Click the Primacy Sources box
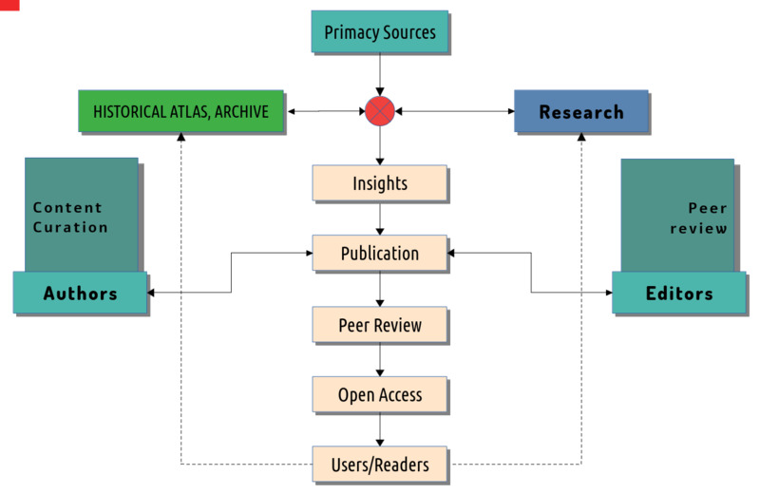pyautogui.click(x=379, y=31)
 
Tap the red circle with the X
pyautogui.click(x=379, y=111)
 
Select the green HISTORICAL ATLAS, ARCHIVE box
pyautogui.click(x=180, y=111)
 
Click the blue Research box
pyautogui.click(x=581, y=111)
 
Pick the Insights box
pyautogui.click(x=379, y=182)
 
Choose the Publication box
pyautogui.click(x=379, y=253)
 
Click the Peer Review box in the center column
pyautogui.click(x=379, y=324)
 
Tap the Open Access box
pyautogui.click(x=379, y=394)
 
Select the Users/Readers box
pyautogui.click(x=379, y=464)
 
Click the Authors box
pyautogui.click(x=80, y=293)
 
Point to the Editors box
pyautogui.click(x=679, y=293)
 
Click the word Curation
pyautogui.click(x=70, y=227)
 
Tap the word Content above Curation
pyautogui.click(x=67, y=207)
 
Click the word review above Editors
pyautogui.click(x=698, y=228)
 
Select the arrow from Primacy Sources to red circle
pyautogui.click(x=379, y=74)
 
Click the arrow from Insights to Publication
pyautogui.click(x=379, y=218)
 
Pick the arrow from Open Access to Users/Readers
pyautogui.click(x=379, y=429)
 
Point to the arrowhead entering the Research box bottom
pyautogui.click(x=581, y=136)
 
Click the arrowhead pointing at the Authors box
pyautogui.click(x=151, y=293)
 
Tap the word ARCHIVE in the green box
pyautogui.click(x=241, y=111)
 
